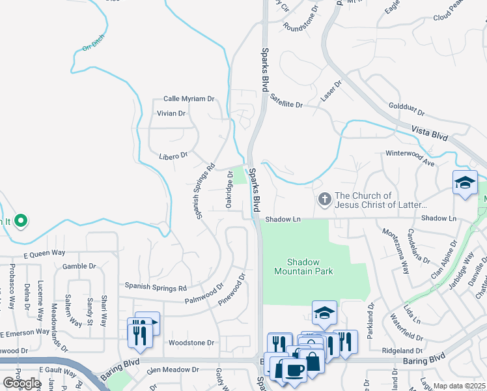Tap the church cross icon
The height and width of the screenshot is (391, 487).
tap(324, 199)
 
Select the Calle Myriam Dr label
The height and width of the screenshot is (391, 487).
tap(189, 98)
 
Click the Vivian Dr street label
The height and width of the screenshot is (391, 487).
tap(171, 113)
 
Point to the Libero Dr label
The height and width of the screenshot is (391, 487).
tap(174, 155)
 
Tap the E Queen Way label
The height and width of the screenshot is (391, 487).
tap(44, 253)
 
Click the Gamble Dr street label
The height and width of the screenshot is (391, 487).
tap(79, 266)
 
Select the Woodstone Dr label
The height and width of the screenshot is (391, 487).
tap(191, 342)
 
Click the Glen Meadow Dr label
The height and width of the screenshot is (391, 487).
tap(173, 369)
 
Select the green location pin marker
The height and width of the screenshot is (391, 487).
tap(21, 221)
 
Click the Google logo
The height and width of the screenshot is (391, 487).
tap(21, 383)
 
